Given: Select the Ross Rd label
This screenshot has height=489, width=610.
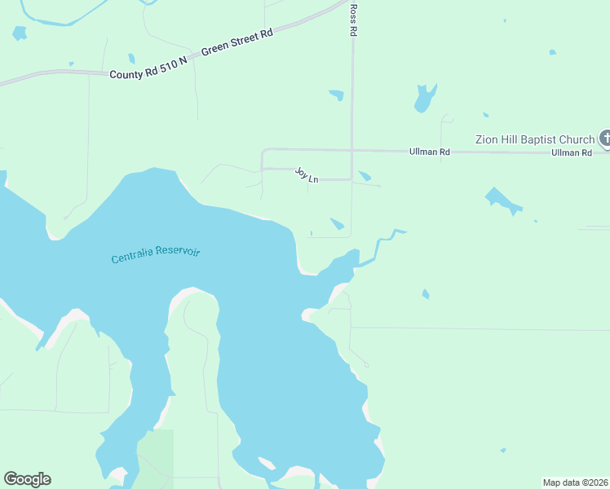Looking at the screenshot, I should [x=354, y=20].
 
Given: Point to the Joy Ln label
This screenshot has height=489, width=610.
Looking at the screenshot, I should [x=306, y=174].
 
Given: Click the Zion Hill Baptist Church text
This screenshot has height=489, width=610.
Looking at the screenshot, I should [x=535, y=139].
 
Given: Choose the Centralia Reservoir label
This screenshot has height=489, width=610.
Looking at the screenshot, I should [x=155, y=255].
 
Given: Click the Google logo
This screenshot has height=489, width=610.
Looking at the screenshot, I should [x=27, y=479].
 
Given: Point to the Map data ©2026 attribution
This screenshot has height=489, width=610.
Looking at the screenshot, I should [x=575, y=482].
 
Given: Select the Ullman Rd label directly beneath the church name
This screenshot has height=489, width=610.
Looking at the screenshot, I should [x=571, y=152].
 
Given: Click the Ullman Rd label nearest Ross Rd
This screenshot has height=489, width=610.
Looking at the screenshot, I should [x=429, y=152].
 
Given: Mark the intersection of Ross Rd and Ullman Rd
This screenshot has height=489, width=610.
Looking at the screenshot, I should [x=351, y=150].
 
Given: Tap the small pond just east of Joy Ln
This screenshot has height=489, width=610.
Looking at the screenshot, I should [x=365, y=176].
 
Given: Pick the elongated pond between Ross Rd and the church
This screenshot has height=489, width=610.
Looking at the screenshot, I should [x=425, y=98].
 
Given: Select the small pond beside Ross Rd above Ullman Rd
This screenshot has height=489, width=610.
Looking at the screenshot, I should [x=336, y=95].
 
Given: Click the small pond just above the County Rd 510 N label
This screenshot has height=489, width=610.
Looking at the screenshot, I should [x=131, y=59].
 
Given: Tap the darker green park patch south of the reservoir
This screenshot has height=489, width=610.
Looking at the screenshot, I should [x=155, y=456].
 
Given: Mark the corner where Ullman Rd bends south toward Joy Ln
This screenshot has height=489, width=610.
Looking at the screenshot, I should [x=262, y=151].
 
